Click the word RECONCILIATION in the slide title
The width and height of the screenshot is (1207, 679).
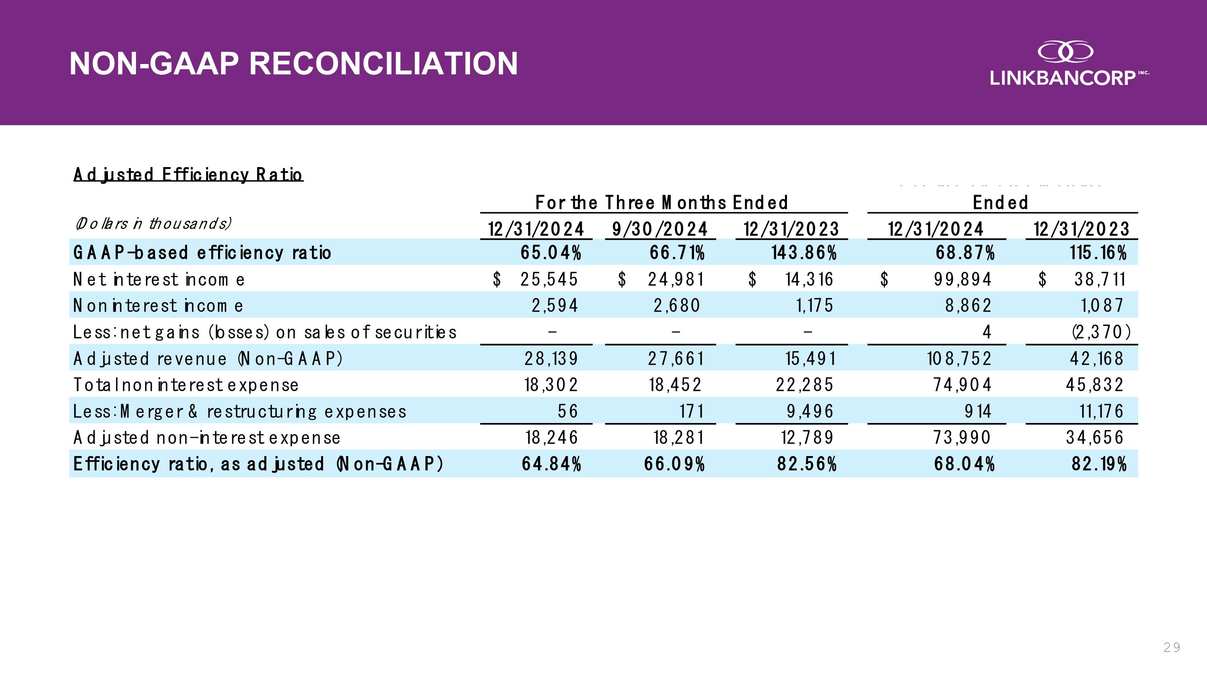click(383, 64)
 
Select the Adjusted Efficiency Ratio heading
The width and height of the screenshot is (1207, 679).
click(188, 175)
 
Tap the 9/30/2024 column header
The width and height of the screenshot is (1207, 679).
click(660, 229)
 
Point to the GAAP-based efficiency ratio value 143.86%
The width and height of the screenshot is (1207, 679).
click(804, 253)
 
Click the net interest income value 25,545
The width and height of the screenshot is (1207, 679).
click(549, 280)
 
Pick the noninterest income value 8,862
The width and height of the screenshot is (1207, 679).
click(968, 306)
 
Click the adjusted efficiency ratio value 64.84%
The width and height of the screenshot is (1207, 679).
click(552, 464)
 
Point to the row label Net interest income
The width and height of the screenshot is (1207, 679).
click(159, 280)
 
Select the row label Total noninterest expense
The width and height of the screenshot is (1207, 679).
click(186, 385)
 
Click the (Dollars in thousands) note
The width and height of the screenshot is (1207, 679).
click(153, 223)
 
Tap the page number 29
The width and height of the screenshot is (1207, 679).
click(1171, 647)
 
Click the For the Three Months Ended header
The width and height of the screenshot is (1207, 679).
click(661, 203)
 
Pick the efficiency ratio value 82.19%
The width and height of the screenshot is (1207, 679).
click(1099, 464)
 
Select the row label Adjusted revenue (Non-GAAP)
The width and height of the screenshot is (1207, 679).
click(208, 359)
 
